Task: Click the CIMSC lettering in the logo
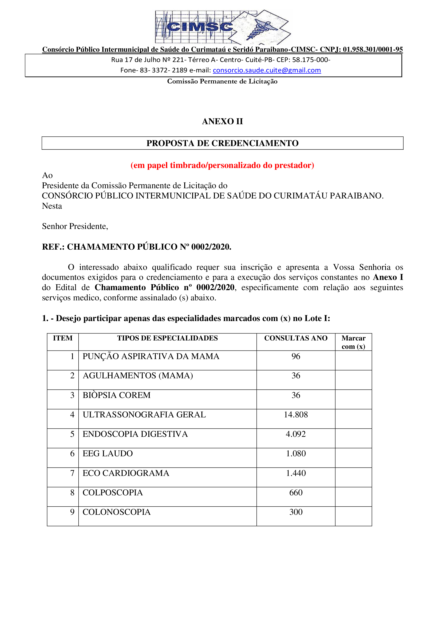click(x=200, y=27)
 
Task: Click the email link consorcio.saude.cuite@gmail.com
click(x=267, y=70)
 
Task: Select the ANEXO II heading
click(x=222, y=121)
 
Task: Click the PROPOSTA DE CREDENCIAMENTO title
click(x=222, y=143)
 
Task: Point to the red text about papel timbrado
click(x=222, y=165)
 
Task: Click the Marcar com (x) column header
click(x=353, y=342)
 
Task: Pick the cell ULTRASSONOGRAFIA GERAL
click(x=144, y=415)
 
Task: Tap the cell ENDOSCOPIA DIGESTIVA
click(x=135, y=434)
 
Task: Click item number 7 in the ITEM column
click(x=72, y=473)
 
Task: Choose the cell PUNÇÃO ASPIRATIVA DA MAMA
click(x=151, y=356)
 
